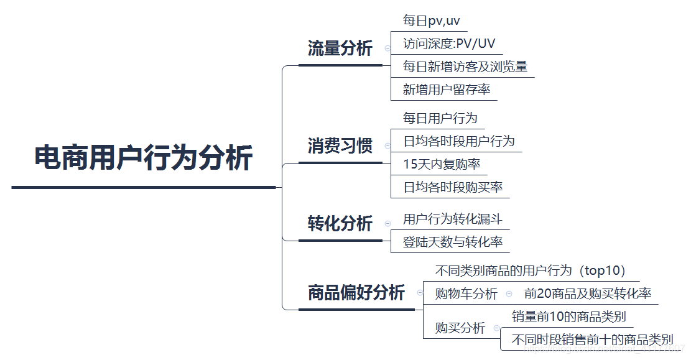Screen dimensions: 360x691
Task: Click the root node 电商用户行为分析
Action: (x=143, y=158)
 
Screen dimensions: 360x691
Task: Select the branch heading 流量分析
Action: (x=340, y=48)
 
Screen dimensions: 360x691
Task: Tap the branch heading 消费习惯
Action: (x=340, y=146)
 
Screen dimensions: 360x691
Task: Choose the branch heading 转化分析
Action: (x=340, y=223)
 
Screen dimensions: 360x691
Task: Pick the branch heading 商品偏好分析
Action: (x=356, y=292)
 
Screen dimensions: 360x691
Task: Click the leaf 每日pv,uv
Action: (x=431, y=21)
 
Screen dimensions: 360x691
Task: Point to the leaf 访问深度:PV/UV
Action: (x=449, y=44)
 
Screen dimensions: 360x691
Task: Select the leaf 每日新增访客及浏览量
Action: (x=465, y=67)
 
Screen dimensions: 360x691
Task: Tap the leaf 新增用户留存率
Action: (x=446, y=90)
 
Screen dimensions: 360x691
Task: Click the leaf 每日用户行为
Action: (x=440, y=118)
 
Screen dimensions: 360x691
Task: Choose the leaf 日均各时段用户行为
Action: (x=458, y=141)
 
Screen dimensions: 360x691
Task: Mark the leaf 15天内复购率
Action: (x=441, y=164)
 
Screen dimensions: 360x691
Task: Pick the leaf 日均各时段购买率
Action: (x=452, y=187)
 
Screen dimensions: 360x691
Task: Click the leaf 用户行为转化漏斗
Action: (x=452, y=219)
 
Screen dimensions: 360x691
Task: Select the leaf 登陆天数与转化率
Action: (x=452, y=242)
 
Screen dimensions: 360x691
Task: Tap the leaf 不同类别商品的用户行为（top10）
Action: (x=531, y=270)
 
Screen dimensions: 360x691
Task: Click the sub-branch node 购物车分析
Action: (x=466, y=293)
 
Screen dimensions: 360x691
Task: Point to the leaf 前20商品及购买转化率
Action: (x=587, y=293)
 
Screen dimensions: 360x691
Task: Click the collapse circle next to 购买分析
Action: (x=496, y=328)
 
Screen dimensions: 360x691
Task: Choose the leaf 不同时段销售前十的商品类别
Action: (x=591, y=339)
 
